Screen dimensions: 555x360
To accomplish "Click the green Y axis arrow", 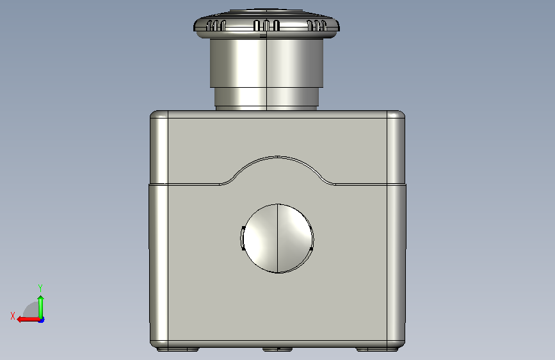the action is click(x=41, y=307).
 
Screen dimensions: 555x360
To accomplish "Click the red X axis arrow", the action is click(x=29, y=320).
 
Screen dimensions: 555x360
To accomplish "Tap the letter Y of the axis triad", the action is click(x=40, y=288).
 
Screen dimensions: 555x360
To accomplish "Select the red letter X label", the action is click(x=13, y=316).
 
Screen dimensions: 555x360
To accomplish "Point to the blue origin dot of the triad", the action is click(x=42, y=320).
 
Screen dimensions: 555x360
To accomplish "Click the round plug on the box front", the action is click(x=277, y=238).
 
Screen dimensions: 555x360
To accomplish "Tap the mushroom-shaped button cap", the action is click(x=266, y=24).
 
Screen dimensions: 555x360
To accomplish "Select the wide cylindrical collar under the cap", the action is click(x=266, y=63).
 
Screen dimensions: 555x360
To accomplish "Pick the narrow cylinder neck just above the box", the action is click(x=266, y=97).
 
